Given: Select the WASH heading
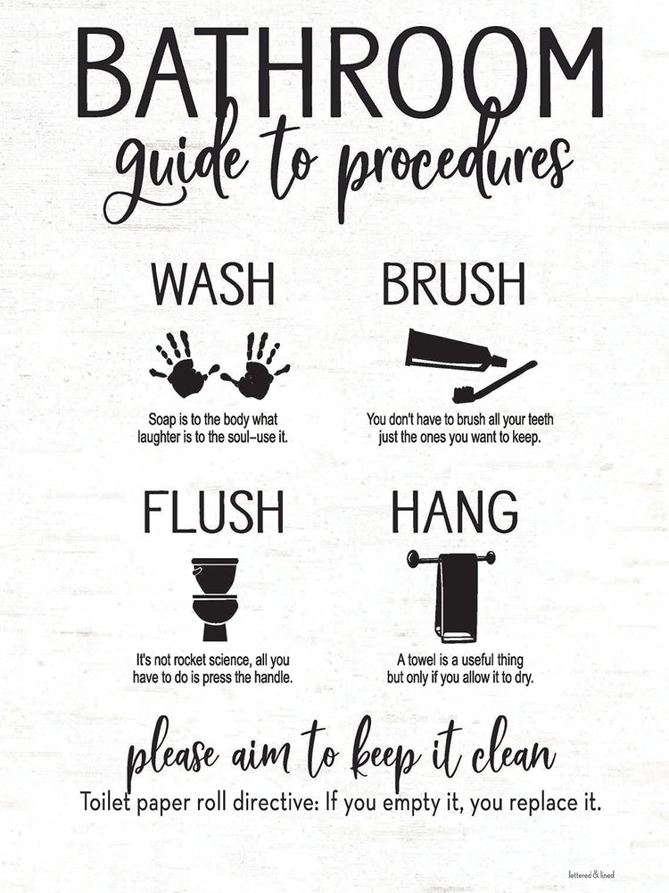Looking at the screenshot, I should point(212,285).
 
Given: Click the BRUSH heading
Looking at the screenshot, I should point(454,285).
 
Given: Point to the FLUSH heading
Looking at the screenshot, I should point(214,513).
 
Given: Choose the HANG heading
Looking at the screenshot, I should point(454,513).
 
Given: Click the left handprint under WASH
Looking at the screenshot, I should point(183,364).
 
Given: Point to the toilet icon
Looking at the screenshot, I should point(215,598).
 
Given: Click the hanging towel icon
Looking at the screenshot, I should point(456,597).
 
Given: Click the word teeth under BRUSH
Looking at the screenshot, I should point(539,419).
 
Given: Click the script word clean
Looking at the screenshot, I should point(510,757).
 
